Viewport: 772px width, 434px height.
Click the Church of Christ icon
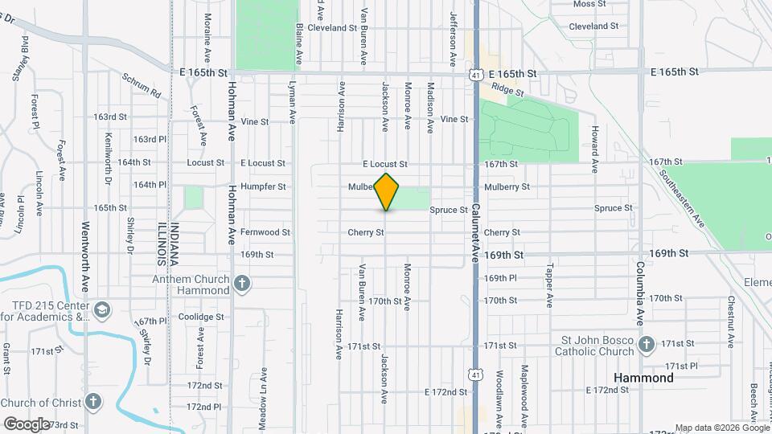pos(94,402)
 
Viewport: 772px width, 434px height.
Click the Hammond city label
pos(643,378)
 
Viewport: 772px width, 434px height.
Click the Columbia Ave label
pos(641,293)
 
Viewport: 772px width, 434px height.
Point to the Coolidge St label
pos(200,317)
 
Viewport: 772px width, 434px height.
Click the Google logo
pos(27,424)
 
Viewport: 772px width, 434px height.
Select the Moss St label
pos(589,4)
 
